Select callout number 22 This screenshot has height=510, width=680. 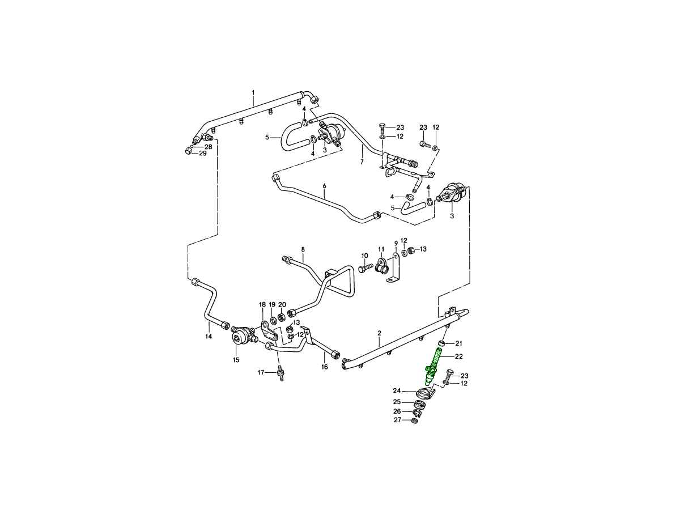pos(458,356)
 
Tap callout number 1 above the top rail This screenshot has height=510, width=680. pos(253,92)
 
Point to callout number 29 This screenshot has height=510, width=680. pos(202,153)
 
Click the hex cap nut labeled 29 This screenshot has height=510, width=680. pos(188,151)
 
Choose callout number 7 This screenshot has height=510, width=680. pos(362,162)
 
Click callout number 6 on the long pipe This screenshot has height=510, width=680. pos(324,186)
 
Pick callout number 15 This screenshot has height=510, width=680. pos(236,360)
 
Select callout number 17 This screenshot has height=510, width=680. pos(261,372)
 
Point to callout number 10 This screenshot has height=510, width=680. pos(364,256)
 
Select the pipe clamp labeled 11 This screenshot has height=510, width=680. pos(381,266)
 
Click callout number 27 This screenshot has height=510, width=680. pos(397,420)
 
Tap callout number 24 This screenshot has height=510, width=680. pos(397,391)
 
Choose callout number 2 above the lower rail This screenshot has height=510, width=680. pos(379,333)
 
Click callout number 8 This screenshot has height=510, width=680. pos(303,249)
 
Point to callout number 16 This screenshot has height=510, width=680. pos(324,367)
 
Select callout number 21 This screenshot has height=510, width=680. pos(458,343)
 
